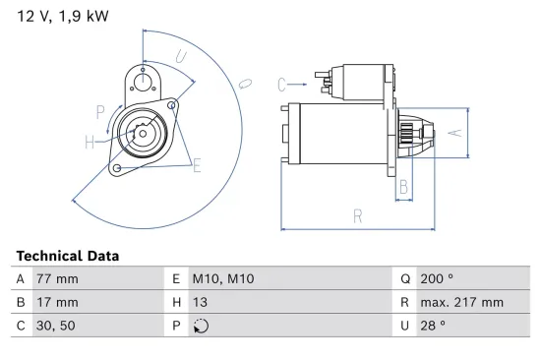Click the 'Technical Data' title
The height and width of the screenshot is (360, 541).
point(67,256)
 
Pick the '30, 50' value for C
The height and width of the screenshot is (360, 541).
point(53,326)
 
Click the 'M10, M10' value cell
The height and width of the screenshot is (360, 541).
point(222,278)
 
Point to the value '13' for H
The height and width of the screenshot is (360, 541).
point(200,302)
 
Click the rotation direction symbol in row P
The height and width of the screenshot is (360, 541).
point(203,327)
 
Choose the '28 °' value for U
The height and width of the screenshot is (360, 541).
point(434,326)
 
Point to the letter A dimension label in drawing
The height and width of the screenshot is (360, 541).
point(453,130)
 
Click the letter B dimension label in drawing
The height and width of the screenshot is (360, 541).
point(402,185)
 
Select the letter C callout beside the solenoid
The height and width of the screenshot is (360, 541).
point(280,83)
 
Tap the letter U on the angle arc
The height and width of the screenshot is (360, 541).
point(181,56)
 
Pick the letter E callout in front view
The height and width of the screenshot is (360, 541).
point(197,165)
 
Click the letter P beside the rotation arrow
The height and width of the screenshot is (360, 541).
point(100,109)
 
